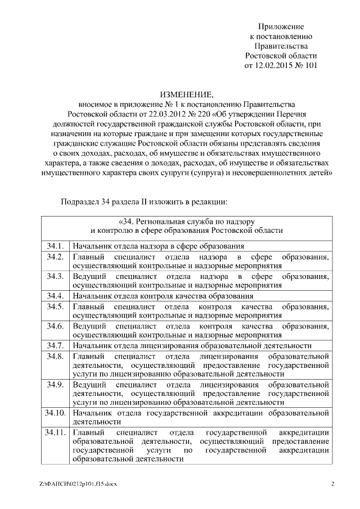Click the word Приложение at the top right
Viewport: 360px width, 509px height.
(x=281, y=26)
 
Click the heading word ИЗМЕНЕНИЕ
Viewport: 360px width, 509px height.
(x=186, y=94)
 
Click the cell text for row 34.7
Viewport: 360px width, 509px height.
(x=192, y=345)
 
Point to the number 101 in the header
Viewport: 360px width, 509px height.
(x=309, y=65)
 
